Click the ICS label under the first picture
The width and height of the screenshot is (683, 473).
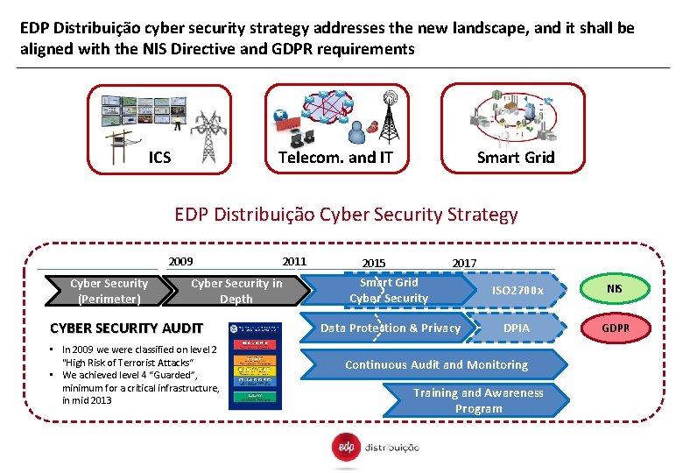tap(159, 158)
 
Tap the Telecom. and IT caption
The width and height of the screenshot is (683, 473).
tap(335, 158)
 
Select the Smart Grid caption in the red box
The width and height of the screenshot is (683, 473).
tap(515, 158)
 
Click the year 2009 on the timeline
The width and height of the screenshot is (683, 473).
tap(180, 261)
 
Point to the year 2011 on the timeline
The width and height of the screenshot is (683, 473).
tap(294, 261)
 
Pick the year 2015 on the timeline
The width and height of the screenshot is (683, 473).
tap(373, 263)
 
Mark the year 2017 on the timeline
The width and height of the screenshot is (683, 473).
tap(464, 263)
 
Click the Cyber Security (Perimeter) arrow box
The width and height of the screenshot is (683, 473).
tap(109, 291)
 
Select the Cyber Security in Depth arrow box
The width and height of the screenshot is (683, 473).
tap(236, 291)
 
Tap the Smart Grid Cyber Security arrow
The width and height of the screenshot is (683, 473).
tap(389, 290)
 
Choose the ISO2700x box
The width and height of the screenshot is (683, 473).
tap(518, 291)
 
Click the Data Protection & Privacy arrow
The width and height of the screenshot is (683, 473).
tap(391, 328)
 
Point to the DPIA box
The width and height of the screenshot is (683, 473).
tap(517, 328)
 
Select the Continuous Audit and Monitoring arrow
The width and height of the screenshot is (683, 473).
tap(436, 364)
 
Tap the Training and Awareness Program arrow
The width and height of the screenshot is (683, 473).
tap(478, 400)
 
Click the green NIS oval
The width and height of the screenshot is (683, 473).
tap(615, 288)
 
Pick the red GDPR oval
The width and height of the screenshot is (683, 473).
tap(615, 328)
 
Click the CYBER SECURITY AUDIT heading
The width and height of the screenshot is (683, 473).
tap(127, 328)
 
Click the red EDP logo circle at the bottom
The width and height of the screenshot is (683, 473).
tap(343, 447)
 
